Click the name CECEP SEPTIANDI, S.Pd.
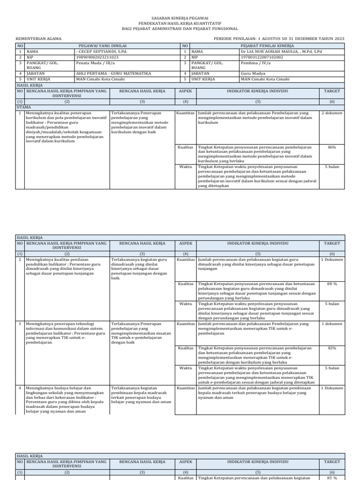click(99, 51)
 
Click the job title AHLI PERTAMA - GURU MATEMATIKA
click(112, 74)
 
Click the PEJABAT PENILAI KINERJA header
click(267, 45)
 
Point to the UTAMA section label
click(23, 107)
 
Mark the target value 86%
click(332, 147)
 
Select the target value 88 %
click(332, 284)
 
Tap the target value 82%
click(332, 348)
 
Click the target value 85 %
click(332, 478)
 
